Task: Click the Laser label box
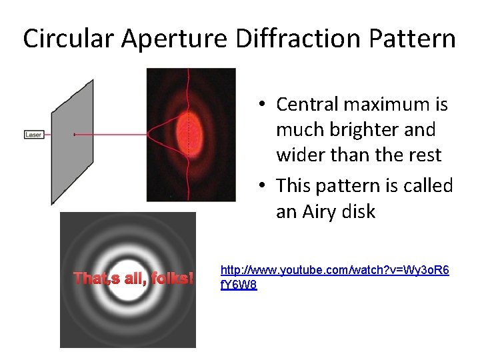pyautogui.click(x=33, y=135)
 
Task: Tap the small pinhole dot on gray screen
pyautogui.click(x=74, y=135)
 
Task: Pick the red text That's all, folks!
pyautogui.click(x=133, y=278)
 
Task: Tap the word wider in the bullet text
pyautogui.click(x=299, y=155)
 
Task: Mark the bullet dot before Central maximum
pyautogui.click(x=264, y=105)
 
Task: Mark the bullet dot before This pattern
pyautogui.click(x=264, y=185)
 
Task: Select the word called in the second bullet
pyautogui.click(x=427, y=185)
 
